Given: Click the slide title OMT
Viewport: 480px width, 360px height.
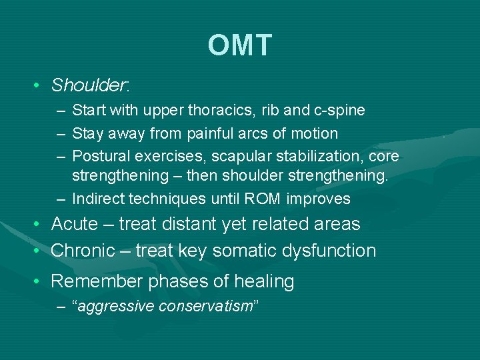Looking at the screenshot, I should pyautogui.click(x=239, y=45).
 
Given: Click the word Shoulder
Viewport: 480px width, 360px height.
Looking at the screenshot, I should pyautogui.click(x=89, y=85).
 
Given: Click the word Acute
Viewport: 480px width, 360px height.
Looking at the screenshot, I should pyautogui.click(x=75, y=224).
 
